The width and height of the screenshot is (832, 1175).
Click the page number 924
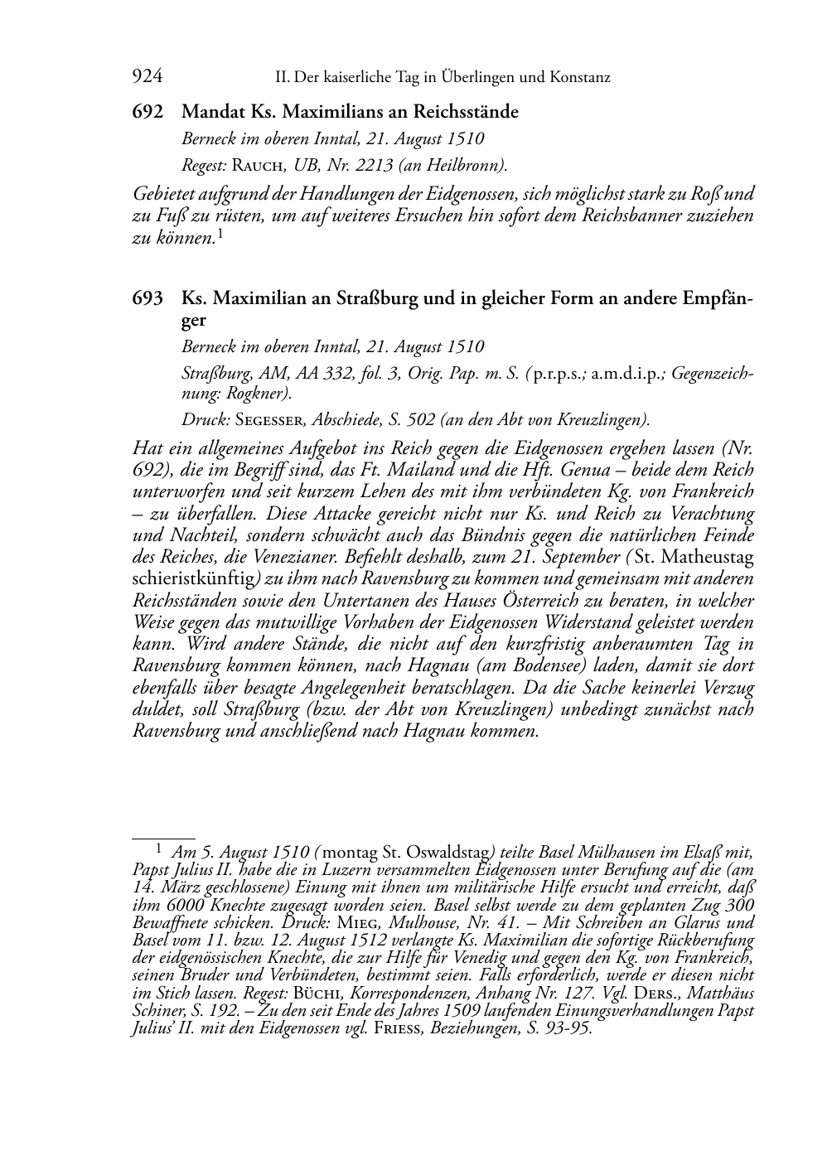[x=147, y=77]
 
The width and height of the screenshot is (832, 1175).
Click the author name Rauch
[x=259, y=166]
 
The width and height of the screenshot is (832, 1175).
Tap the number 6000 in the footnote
[x=184, y=904]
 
